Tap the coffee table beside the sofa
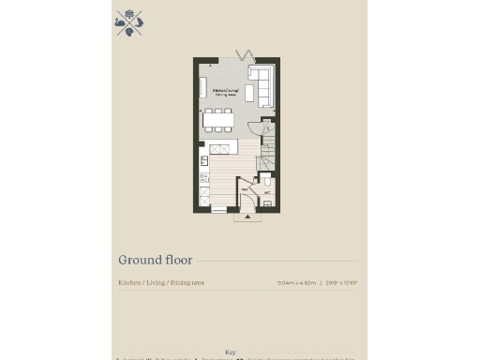249,93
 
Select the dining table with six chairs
217,120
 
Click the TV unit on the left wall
203,87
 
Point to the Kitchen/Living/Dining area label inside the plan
224,92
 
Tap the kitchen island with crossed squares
219,149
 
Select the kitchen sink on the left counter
203,161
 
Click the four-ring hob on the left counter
203,176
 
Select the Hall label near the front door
245,189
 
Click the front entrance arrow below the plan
247,217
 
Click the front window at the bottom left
218,211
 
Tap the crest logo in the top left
128,23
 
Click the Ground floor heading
155,260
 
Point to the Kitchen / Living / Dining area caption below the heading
160,282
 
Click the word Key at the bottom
231,352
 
